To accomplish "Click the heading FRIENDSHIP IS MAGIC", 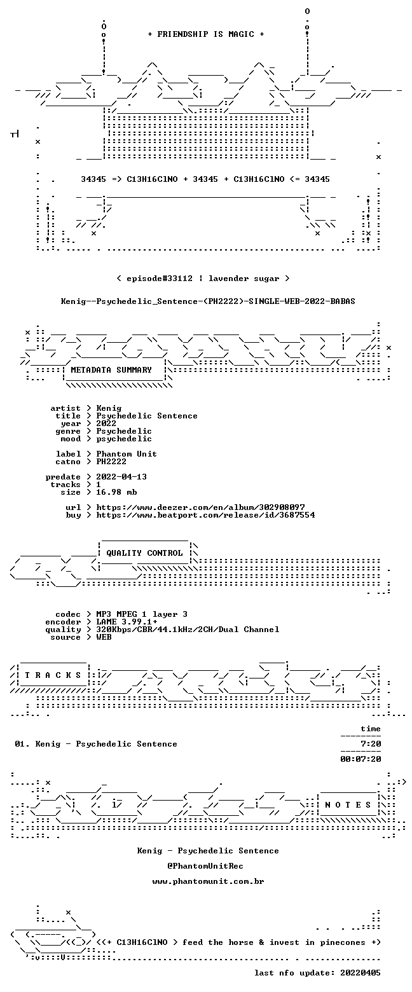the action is (x=206, y=34).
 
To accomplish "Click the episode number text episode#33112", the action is (x=160, y=279).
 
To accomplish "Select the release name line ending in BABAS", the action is (x=208, y=301).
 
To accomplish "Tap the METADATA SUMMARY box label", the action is (x=111, y=370).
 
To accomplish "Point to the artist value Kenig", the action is (x=109, y=408).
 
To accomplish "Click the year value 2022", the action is (x=106, y=424).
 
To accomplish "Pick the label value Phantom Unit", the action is (x=127, y=454).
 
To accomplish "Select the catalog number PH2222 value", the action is (x=111, y=462).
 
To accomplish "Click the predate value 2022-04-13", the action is (x=121, y=477).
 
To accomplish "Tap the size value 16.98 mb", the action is (x=116, y=492).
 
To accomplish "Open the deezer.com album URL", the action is (x=200, y=507).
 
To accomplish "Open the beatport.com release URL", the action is (x=205, y=515).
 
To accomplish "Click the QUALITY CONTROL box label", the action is (x=144, y=553).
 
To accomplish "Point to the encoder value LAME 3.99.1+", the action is (x=127, y=622).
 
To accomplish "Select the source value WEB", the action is (x=104, y=637).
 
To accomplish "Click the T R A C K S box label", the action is (x=53, y=675).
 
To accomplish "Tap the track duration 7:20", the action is (x=371, y=744).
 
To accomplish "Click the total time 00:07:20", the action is (x=360, y=759).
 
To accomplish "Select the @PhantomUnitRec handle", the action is (x=205, y=866).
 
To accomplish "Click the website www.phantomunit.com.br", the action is (x=208, y=881).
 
